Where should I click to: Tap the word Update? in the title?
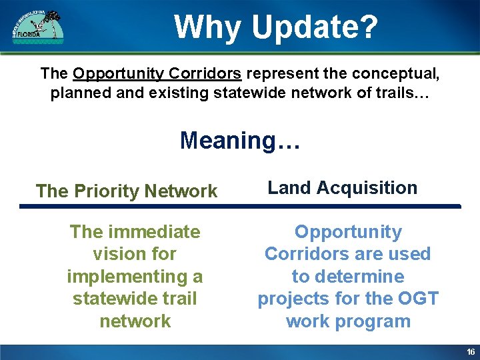(x=315, y=27)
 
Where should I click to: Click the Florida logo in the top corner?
(x=38, y=27)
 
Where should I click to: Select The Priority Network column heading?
(x=127, y=191)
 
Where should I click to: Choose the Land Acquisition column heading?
(x=343, y=188)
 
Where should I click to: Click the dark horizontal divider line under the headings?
(x=240, y=207)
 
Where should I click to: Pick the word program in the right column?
(x=372, y=321)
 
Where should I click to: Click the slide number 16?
(x=471, y=352)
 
